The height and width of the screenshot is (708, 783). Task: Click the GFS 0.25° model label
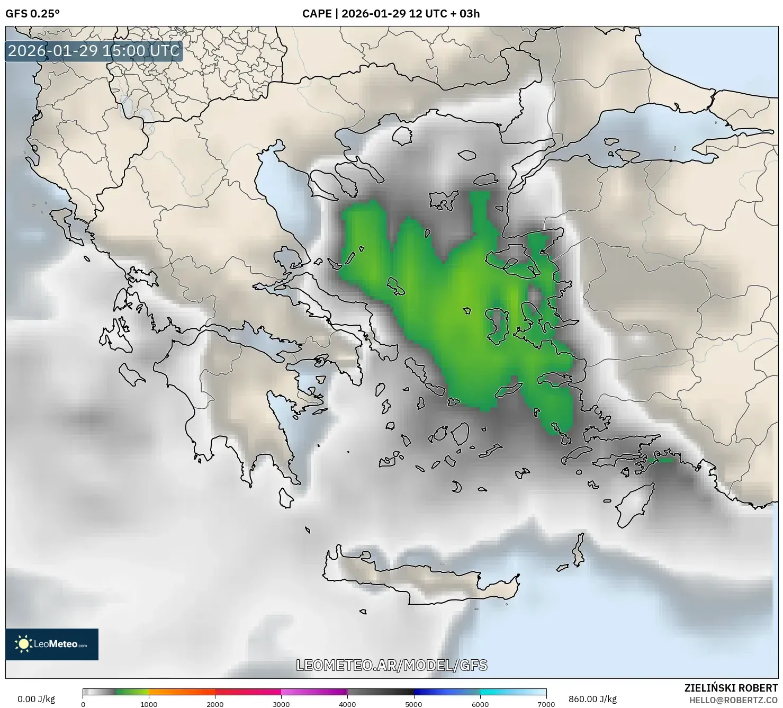click(32, 14)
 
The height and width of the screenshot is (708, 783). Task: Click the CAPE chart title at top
click(391, 14)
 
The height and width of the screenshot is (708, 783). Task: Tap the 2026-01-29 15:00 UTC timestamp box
click(94, 51)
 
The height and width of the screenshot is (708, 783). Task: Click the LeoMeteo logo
click(52, 644)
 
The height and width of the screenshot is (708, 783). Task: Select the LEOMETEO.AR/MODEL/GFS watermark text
click(391, 665)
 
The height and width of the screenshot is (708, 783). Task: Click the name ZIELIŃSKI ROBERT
click(731, 688)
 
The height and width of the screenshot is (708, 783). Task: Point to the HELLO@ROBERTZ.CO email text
click(736, 700)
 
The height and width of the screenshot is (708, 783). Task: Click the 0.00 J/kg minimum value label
click(36, 699)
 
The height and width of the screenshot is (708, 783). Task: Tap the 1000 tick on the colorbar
click(149, 704)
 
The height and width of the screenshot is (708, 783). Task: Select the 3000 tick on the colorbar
click(281, 704)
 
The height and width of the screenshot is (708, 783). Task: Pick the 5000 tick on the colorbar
click(413, 704)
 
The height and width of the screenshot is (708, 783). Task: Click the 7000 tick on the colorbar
click(546, 704)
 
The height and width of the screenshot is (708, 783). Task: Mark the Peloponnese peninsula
click(233, 402)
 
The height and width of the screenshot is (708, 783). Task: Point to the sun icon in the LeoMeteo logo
click(23, 644)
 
